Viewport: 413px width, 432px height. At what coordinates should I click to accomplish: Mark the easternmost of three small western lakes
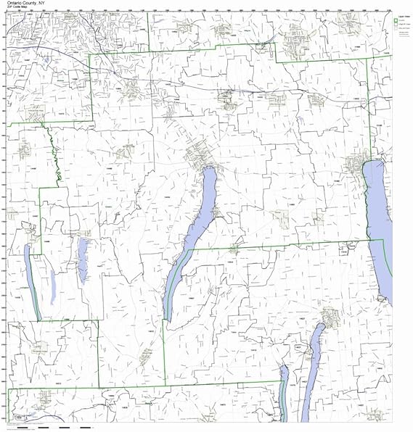pyautogui.click(x=83, y=254)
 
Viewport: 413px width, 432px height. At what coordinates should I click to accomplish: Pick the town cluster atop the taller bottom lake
pyautogui.click(x=330, y=315)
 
